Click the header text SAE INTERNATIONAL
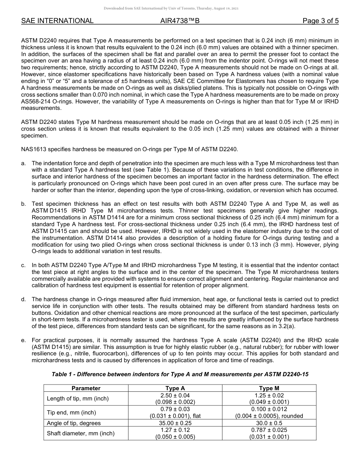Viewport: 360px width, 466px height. pos(57,21)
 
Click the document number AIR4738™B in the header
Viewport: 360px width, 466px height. pos(180,21)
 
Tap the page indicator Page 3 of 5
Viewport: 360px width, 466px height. pos(320,21)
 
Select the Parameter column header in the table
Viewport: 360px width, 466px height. pos(86,388)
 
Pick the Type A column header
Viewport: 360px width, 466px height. pos(175,388)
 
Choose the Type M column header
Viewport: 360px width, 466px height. pos(269,388)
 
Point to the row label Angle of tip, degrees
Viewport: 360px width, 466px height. pos(74,423)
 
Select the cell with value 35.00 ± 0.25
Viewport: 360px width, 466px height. pos(175,423)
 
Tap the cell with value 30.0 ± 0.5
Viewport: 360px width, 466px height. pos(269,423)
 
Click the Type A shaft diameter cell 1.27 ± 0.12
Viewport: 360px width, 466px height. pos(175,430)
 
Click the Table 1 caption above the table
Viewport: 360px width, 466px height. pos(180,374)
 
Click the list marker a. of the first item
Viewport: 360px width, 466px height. pos(23,163)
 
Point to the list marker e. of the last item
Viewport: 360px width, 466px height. pos(23,340)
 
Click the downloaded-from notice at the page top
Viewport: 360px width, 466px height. pos(171,8)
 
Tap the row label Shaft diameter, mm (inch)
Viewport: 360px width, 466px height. pos(80,433)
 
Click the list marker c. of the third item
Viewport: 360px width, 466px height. pos(23,266)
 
